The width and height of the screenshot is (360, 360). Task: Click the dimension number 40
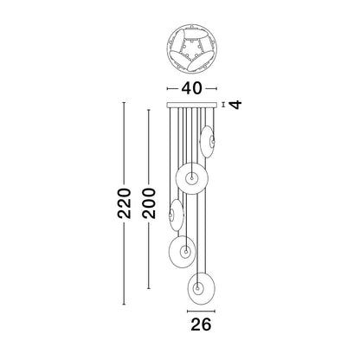[191, 88]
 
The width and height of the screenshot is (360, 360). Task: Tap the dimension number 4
[236, 105]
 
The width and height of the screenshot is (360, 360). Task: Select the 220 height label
[125, 203]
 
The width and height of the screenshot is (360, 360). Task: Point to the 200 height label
[149, 203]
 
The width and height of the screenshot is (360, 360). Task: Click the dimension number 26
[201, 325]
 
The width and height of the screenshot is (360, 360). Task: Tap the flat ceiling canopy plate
[191, 105]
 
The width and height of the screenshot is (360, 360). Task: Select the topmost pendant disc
[207, 142]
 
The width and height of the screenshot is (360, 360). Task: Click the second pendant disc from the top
[192, 178]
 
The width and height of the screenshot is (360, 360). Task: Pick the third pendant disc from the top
[177, 215]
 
